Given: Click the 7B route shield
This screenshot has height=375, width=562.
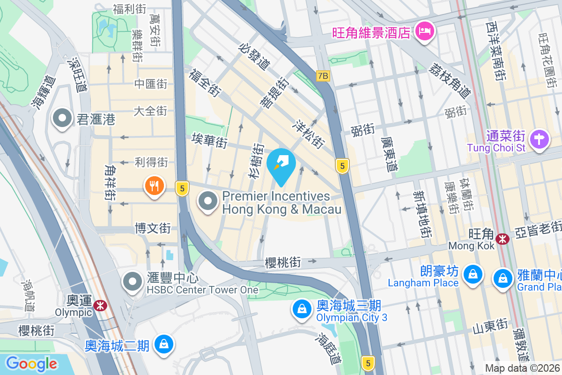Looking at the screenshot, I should [x=323, y=75].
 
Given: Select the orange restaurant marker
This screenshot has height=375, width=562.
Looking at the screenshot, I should [x=154, y=187].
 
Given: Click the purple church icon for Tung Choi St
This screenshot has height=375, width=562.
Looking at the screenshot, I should [x=539, y=140].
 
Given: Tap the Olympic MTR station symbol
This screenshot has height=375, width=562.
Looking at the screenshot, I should [x=100, y=306].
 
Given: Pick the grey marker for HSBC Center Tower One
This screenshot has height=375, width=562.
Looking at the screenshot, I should [x=132, y=282].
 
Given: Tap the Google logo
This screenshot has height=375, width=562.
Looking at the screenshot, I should [x=31, y=363].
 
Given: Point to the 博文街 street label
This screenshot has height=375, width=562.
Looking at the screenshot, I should [x=152, y=229].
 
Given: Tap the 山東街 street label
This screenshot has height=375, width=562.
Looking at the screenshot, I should [x=490, y=325].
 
